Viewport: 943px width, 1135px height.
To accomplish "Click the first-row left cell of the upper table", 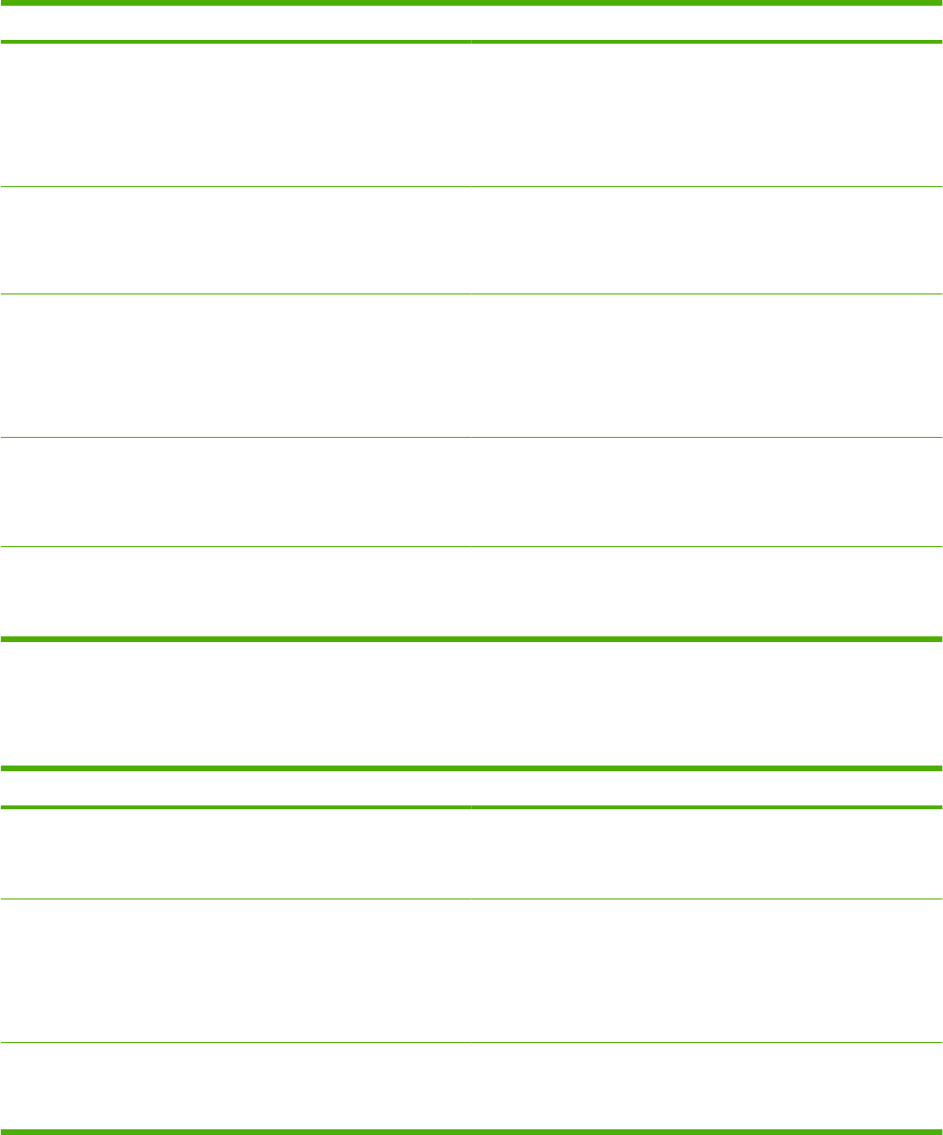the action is coord(236,115).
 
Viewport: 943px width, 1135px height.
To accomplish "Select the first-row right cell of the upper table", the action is coord(706,115).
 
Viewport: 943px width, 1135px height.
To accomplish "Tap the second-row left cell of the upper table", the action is coord(236,240).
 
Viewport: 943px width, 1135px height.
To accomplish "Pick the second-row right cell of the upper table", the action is coord(706,240).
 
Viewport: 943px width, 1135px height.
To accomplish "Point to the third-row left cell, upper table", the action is coord(236,366).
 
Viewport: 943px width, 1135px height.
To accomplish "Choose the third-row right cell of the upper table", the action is coord(706,366).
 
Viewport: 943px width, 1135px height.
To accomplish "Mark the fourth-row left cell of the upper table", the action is coord(236,492).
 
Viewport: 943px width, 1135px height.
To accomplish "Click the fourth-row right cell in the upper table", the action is coord(706,492).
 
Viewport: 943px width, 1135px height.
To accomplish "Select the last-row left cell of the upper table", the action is coord(236,591).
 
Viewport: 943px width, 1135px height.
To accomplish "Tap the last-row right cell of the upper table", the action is coord(706,591).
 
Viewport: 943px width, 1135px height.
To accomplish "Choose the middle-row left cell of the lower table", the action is coord(236,971).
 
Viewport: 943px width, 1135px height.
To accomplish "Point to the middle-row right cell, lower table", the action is coord(706,971).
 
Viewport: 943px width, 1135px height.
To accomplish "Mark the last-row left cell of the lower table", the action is coord(236,1087).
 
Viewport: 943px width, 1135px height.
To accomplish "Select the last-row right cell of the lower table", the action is coord(706,1087).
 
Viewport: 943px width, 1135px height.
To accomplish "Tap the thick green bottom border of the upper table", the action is coord(471,639).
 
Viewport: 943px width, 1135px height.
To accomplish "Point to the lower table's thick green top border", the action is coord(471,768).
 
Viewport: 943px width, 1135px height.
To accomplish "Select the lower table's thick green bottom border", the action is coord(471,1131).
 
